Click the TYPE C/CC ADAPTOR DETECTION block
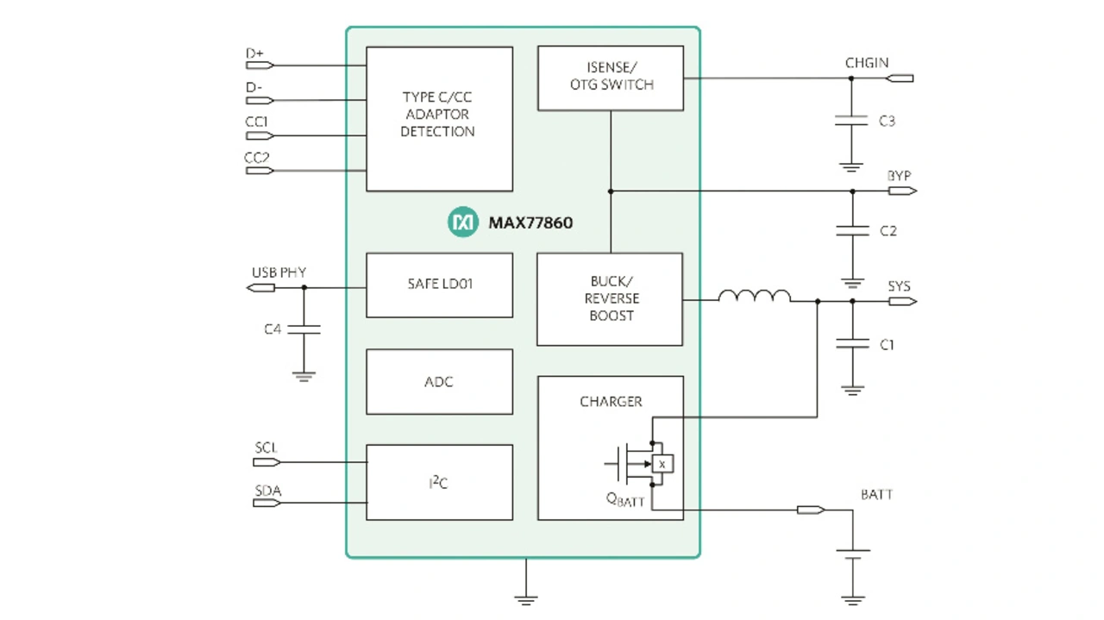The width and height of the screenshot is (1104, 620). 439,118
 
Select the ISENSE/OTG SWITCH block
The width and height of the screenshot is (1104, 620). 611,78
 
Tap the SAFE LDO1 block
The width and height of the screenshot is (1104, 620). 439,285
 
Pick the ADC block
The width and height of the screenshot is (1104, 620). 439,381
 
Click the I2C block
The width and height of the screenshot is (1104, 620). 439,482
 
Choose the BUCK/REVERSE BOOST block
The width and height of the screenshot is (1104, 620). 610,298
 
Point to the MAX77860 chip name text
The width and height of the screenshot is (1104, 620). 530,222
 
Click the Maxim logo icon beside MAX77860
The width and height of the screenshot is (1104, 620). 463,222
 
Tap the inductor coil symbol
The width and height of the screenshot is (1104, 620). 754,297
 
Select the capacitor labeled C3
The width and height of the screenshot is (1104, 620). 851,121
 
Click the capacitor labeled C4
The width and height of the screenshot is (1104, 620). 304,329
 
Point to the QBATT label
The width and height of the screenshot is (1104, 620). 625,500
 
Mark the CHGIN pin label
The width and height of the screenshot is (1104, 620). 867,63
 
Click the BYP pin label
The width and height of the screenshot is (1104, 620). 899,176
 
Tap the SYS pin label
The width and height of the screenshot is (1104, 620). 899,286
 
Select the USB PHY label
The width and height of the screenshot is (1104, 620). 279,272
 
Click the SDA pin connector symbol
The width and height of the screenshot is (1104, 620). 267,504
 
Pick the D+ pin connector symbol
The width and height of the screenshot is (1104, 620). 260,65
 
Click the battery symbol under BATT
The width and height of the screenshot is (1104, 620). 853,554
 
